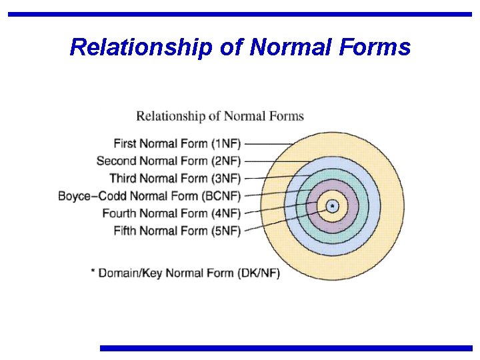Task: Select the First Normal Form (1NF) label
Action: click(x=177, y=143)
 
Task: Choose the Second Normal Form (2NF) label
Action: click(x=169, y=161)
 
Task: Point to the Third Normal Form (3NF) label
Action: click(x=175, y=178)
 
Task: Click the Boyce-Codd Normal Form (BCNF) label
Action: click(x=149, y=196)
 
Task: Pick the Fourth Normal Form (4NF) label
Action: click(x=171, y=213)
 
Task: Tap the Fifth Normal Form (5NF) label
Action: click(x=177, y=231)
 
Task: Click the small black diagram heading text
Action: click(x=220, y=117)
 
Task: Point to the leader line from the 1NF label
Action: click(x=267, y=143)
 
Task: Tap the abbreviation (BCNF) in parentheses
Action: click(x=221, y=196)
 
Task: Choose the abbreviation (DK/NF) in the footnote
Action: click(x=259, y=273)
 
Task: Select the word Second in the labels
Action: click(x=115, y=161)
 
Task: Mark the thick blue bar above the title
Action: click(x=240, y=14)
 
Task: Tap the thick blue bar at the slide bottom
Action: click(x=286, y=348)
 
